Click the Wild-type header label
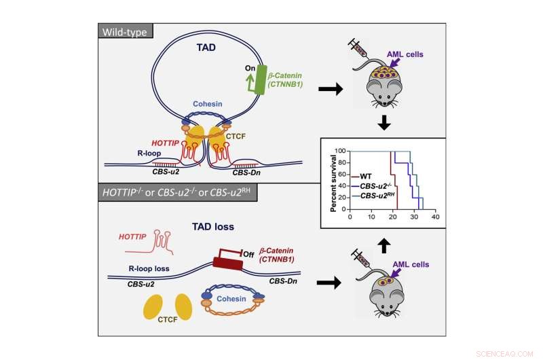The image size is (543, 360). tap(127, 31)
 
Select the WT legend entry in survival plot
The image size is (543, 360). tap(367, 176)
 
